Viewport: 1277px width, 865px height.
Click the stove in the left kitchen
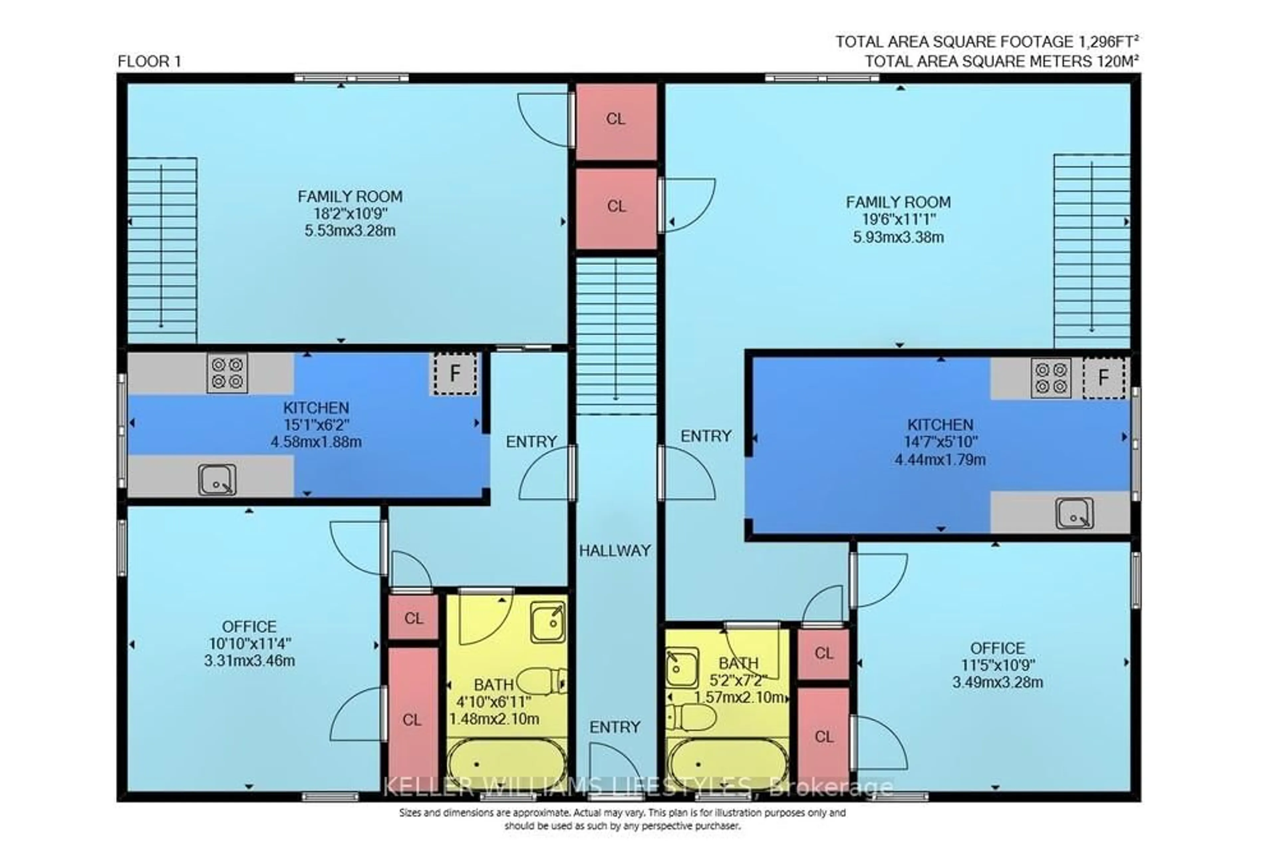[227, 373]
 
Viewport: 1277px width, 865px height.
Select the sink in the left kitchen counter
[217, 480]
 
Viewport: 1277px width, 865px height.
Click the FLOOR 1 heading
[149, 62]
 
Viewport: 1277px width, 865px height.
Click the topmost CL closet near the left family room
[616, 119]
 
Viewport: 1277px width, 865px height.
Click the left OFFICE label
[249, 626]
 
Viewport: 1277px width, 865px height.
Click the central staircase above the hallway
[616, 335]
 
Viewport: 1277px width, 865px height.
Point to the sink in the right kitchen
[1074, 513]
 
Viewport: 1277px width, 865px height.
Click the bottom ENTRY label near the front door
[615, 727]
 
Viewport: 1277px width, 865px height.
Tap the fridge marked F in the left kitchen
[454, 374]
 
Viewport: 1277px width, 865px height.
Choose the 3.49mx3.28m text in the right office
[997, 683]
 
